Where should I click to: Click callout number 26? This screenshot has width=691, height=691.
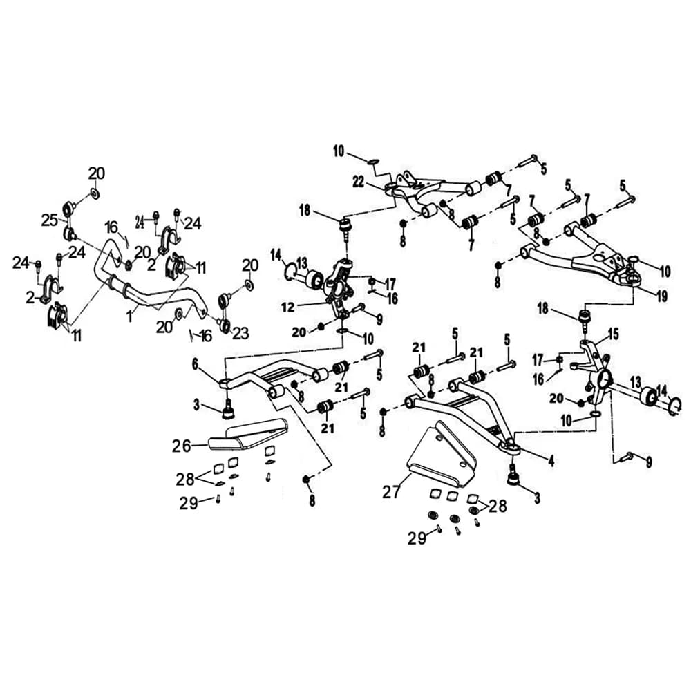click(x=181, y=446)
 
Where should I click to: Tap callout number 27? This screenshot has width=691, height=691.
click(x=391, y=491)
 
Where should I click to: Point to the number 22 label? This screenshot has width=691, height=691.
click(x=359, y=181)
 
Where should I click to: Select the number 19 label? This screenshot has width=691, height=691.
click(x=662, y=296)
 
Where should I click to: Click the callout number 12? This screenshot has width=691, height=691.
click(x=287, y=307)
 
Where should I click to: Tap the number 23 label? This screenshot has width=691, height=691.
click(x=240, y=333)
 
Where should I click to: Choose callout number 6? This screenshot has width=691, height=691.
click(x=195, y=363)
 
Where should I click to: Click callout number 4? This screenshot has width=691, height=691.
click(x=551, y=461)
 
